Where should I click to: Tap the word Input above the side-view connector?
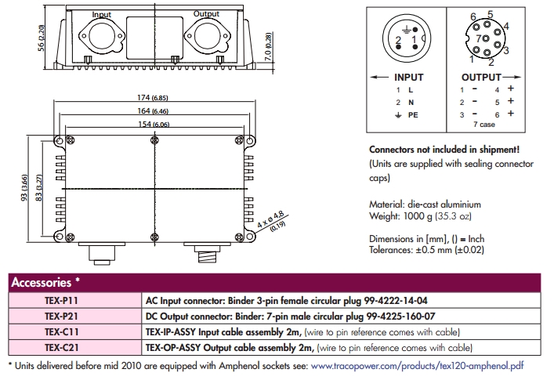pos(102,14)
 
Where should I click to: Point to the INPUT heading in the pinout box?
pos(408,78)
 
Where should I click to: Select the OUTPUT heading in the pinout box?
pos(480,78)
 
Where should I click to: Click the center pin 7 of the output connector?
pos(477,37)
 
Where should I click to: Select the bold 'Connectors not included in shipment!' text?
pos(443,149)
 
